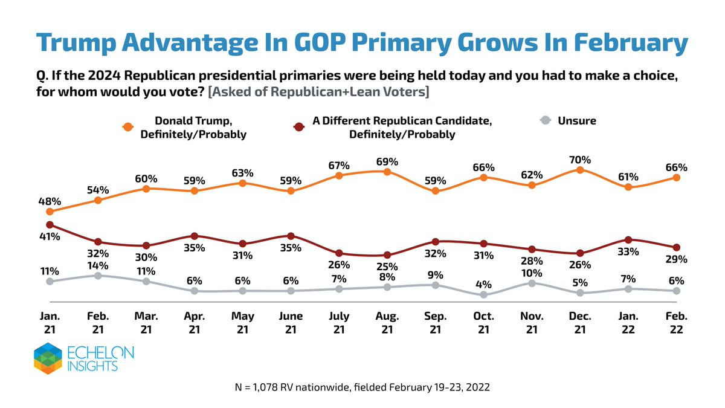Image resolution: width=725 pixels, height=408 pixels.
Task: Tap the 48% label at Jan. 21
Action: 50,201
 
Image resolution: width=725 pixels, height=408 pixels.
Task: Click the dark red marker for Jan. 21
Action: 50,225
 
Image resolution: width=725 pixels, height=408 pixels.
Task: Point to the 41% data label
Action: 50,237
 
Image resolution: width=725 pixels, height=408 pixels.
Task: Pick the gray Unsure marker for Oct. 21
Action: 484,295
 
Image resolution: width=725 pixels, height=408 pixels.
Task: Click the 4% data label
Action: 484,283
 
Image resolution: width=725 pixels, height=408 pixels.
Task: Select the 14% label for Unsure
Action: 98,265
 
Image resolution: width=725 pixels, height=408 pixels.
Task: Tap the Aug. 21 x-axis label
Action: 387,322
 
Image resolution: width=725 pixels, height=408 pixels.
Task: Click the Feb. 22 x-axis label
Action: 677,322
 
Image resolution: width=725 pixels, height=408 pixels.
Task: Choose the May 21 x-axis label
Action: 242,322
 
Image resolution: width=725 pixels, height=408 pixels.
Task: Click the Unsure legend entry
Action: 568,121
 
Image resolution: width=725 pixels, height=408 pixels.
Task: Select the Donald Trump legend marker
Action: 127,127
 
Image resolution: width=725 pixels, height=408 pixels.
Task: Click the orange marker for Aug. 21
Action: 387,172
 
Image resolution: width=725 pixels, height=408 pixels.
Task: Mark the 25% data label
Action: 387,266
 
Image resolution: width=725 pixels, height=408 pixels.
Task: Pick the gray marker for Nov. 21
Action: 532,282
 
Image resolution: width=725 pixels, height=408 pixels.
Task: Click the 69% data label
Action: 387,161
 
